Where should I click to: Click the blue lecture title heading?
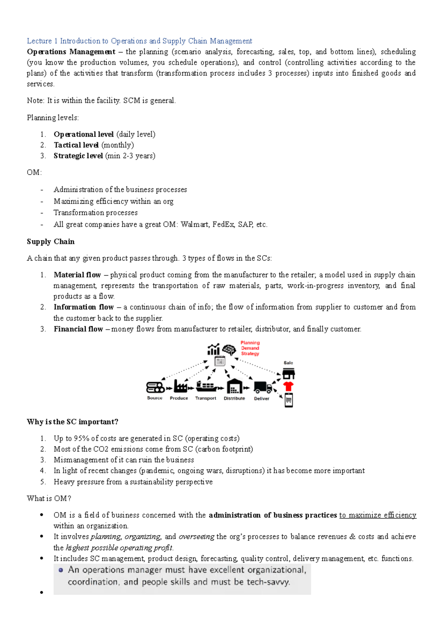point(139,41)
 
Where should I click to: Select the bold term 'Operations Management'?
point(71,52)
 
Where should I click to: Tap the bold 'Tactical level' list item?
point(76,145)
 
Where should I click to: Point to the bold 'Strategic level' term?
point(78,156)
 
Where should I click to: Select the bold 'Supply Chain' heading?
point(51,241)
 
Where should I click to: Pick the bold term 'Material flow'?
point(77,275)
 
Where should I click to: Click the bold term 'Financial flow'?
point(78,329)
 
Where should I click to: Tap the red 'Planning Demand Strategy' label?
point(250,348)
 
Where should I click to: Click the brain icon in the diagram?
point(229,349)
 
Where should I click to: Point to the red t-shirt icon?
point(288,387)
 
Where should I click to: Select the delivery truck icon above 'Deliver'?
point(262,387)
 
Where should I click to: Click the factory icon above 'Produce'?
point(180,387)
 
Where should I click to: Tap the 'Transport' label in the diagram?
point(206,398)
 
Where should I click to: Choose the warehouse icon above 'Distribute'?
point(234,386)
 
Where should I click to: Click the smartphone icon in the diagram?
point(289,400)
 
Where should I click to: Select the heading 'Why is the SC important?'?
point(72,422)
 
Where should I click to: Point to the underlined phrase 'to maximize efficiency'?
point(378,515)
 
